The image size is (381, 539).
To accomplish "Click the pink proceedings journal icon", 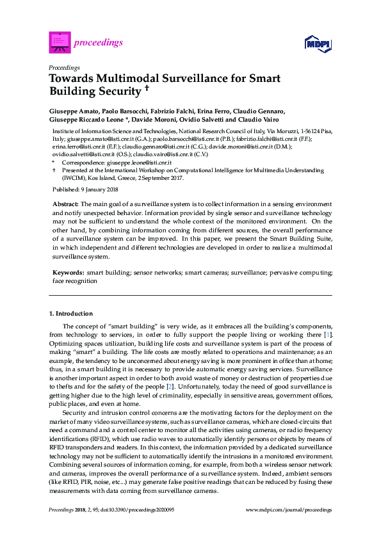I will tap(60, 43).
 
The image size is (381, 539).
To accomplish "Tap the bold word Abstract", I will tap(66, 203).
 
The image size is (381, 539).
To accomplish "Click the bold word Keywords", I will tap(68, 272).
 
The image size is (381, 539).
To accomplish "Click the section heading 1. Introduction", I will tap(71, 314).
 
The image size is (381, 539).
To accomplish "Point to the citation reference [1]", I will tap(328, 335).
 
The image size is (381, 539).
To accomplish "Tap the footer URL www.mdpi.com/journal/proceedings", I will tap(289, 510).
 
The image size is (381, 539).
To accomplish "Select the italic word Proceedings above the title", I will tap(64, 67).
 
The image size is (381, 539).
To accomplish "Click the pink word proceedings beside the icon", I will tap(99, 43).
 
